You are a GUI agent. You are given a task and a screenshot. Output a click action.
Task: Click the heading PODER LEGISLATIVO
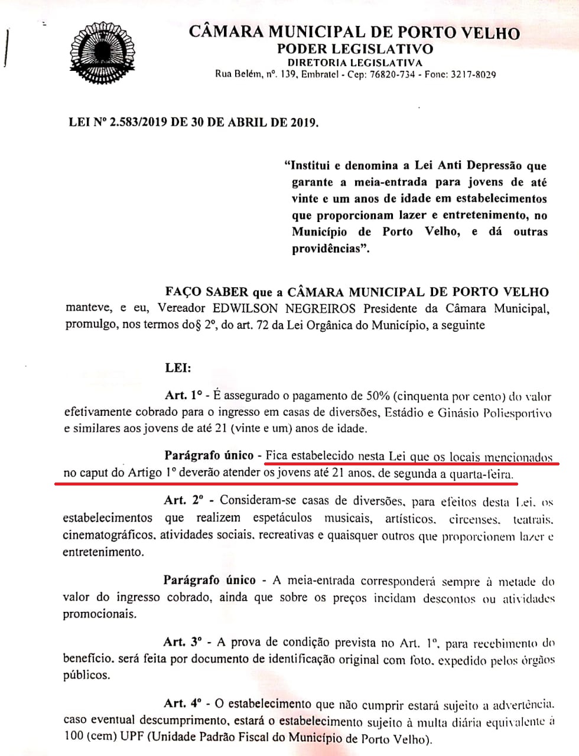coord(354,49)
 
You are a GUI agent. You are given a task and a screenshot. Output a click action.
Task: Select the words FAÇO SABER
coord(198,292)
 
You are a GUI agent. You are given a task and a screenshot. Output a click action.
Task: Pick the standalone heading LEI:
coord(178,368)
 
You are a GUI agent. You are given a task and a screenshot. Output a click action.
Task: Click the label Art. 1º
coord(183,395)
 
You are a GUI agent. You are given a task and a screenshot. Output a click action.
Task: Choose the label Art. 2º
coord(183,501)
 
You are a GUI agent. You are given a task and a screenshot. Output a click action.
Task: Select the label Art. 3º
coord(183,642)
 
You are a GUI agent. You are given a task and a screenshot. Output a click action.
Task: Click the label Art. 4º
coord(183,704)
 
